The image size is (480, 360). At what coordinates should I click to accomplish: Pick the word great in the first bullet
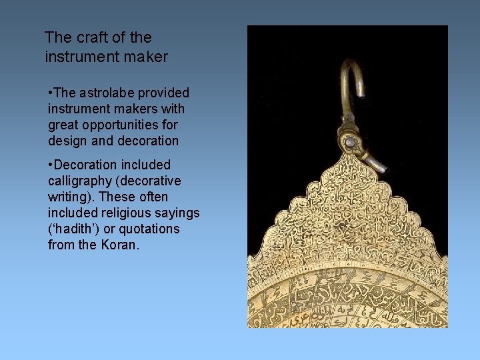(x=65, y=125)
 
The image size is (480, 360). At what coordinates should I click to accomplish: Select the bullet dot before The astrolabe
(x=50, y=93)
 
